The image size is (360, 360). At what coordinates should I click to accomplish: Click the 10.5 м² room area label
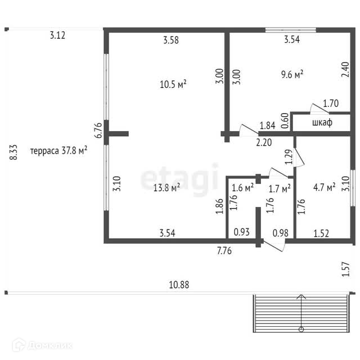coord(173,84)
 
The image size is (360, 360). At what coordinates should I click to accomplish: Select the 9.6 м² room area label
coord(292,74)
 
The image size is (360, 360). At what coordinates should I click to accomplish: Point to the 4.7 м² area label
coord(323,186)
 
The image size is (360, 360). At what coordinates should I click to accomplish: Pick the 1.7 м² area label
coord(280,188)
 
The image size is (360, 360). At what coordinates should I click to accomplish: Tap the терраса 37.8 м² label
coord(58,151)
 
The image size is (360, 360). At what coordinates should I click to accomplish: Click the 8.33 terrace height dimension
coord(14,152)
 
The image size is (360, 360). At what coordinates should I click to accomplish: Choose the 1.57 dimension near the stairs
coord(346,271)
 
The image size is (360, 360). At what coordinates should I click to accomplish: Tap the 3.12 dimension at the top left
coord(58,35)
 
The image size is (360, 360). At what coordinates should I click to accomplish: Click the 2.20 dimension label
coord(264,142)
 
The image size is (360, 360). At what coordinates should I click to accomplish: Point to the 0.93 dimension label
coord(242,232)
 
